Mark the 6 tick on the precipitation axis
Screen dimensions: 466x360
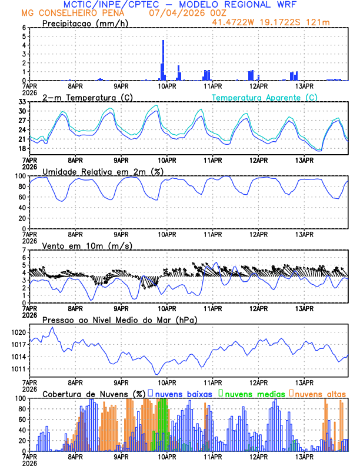tap(24, 28)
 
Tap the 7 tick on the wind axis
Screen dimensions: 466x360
tap(24, 250)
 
